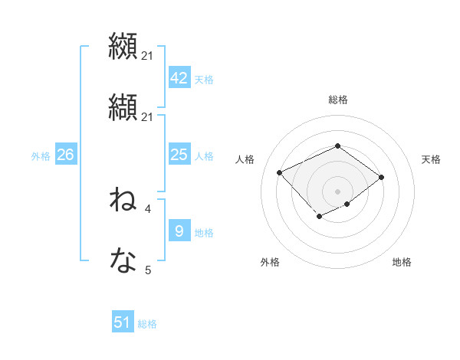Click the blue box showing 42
tap(179, 78)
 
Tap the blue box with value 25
tap(179, 155)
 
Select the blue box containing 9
tap(179, 231)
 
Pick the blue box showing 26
tap(65, 155)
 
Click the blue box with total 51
tap(123, 322)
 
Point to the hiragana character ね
tap(123, 200)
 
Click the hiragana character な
tap(123, 261)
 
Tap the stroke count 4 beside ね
tap(147, 208)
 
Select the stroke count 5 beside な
tap(147, 270)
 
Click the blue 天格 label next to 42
tap(203, 80)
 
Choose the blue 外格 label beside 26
tap(41, 156)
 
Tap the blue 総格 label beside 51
tap(147, 324)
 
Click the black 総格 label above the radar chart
tap(337, 100)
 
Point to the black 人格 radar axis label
tap(245, 159)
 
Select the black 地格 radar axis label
tap(402, 262)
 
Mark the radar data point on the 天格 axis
tap(382, 177)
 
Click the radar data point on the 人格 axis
tap(280, 172)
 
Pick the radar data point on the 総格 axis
tap(337, 146)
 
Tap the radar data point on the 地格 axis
tap(347, 204)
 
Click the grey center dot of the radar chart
tap(337, 191)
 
